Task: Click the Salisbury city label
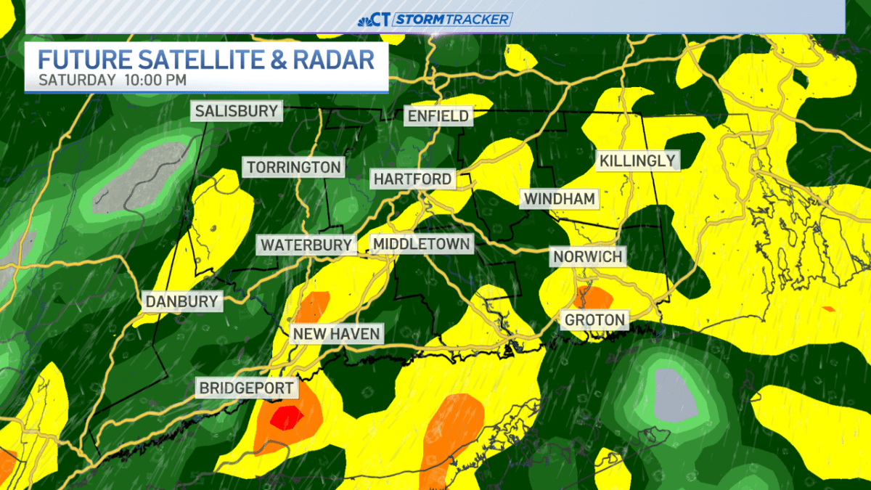pyautogui.click(x=237, y=111)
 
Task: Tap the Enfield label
pyautogui.click(x=438, y=116)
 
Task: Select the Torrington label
pyautogui.click(x=293, y=168)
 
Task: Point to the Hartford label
pyautogui.click(x=413, y=179)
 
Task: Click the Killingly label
pyautogui.click(x=637, y=160)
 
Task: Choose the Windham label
pyautogui.click(x=560, y=198)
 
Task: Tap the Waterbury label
pyautogui.click(x=306, y=245)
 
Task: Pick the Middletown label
pyautogui.click(x=421, y=244)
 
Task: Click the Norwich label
pyautogui.click(x=587, y=256)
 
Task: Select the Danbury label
pyautogui.click(x=181, y=301)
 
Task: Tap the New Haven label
pyautogui.click(x=336, y=334)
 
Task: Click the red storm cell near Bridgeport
pyautogui.click(x=285, y=417)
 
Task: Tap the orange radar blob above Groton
pyautogui.click(x=592, y=297)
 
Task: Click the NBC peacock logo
pyautogui.click(x=365, y=20)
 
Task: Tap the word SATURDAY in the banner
pyautogui.click(x=76, y=79)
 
